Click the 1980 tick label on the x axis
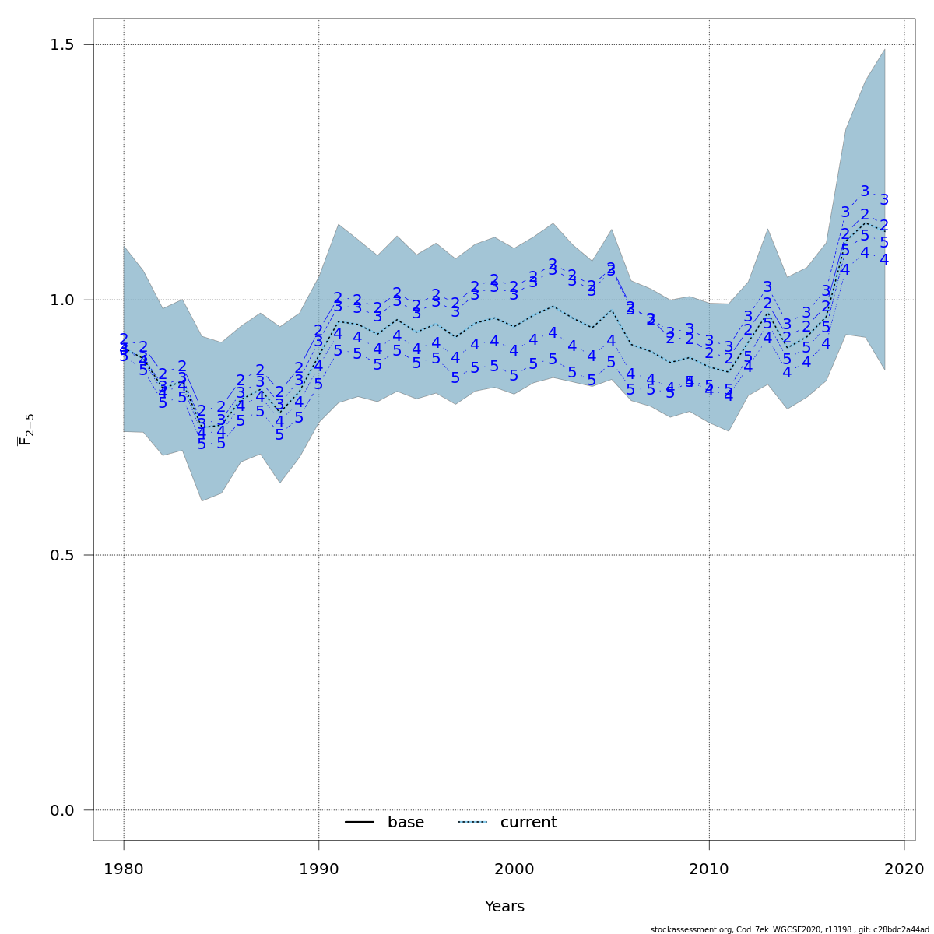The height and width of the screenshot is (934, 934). [x=124, y=868]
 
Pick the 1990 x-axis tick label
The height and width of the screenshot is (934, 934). [x=319, y=868]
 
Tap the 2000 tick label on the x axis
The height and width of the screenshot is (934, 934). [x=514, y=868]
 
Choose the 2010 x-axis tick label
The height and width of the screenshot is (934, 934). [x=709, y=868]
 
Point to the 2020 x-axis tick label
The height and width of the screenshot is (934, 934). [x=904, y=868]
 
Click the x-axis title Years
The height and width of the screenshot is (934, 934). [x=504, y=907]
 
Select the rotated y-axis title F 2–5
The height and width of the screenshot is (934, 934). [x=26, y=430]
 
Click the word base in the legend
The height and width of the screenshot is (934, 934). [x=406, y=823]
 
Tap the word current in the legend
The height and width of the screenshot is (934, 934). [x=528, y=823]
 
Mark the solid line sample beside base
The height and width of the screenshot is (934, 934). [x=360, y=823]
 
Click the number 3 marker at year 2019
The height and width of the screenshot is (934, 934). [x=884, y=200]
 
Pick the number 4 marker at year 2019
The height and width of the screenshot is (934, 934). [x=884, y=259]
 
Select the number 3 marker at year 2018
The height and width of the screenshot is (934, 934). [x=865, y=191]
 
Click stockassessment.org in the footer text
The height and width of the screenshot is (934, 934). [x=684, y=929]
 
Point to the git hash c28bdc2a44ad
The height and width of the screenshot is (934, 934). [x=901, y=929]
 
